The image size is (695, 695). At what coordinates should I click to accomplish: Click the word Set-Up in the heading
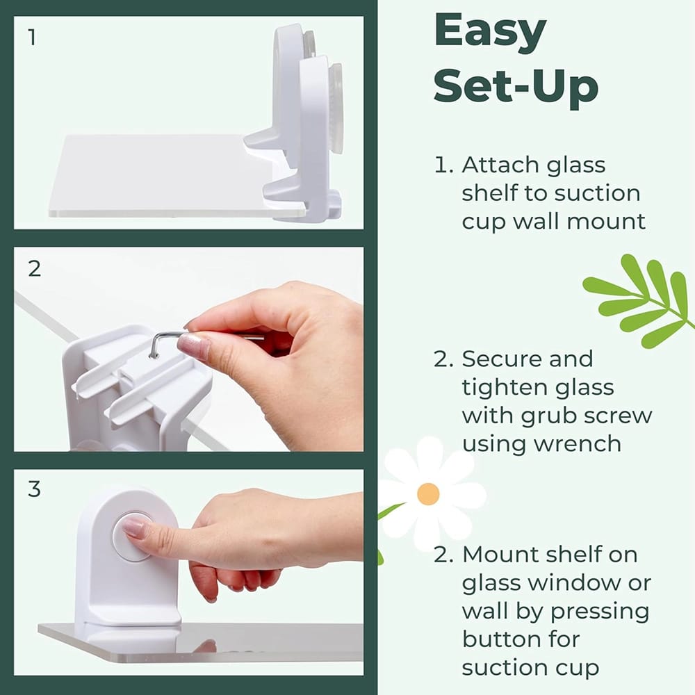pyautogui.click(x=516, y=88)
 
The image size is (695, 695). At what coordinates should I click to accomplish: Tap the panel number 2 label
pyautogui.click(x=33, y=268)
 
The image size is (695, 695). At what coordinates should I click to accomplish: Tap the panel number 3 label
pyautogui.click(x=34, y=489)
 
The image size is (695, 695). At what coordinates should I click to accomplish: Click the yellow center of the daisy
pyautogui.click(x=428, y=493)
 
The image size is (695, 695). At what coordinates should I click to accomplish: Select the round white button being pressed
pyautogui.click(x=132, y=536)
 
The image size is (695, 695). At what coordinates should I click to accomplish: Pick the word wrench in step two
pyautogui.click(x=580, y=443)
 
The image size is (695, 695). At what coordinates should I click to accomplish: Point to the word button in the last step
pyautogui.click(x=501, y=639)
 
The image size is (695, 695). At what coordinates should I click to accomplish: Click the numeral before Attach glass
pyautogui.click(x=443, y=165)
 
